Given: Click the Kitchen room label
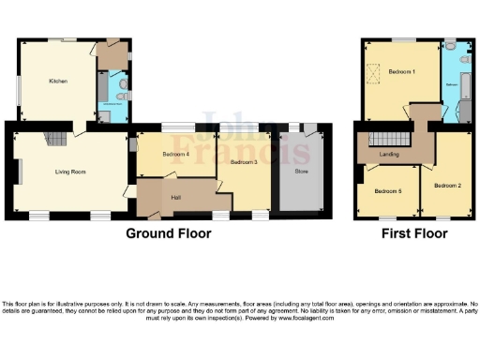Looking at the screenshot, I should (x=57, y=82).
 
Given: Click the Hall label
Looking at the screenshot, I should (x=176, y=197).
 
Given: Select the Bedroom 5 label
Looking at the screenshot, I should (x=386, y=191).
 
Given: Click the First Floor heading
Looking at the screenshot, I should (x=412, y=233).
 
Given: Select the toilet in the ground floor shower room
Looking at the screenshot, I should (x=124, y=95).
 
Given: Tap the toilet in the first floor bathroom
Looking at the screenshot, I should (x=451, y=46).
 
